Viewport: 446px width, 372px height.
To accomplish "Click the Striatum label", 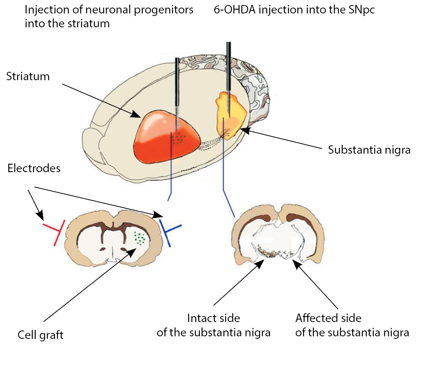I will [28, 76].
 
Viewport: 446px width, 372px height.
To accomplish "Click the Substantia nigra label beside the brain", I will [369, 149].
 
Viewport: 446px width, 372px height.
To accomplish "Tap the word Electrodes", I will [34, 168].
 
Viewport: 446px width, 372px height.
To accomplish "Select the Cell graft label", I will [40, 335].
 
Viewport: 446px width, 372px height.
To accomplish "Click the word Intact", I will [201, 317].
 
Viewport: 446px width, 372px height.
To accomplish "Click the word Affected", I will [314, 317].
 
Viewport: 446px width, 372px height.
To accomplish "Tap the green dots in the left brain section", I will [140, 238].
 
